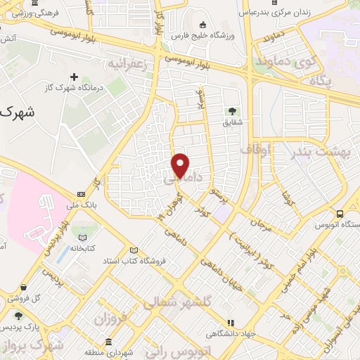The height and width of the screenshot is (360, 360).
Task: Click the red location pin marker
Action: coord(181,165)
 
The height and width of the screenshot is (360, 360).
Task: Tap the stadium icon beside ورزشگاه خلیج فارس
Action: coord(202,23)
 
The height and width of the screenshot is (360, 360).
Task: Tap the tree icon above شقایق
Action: coord(231,110)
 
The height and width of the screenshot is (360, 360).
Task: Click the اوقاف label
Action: coord(255,150)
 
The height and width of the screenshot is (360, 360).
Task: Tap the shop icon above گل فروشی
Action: coord(24,287)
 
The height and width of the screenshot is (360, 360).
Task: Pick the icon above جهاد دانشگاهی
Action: coord(229,323)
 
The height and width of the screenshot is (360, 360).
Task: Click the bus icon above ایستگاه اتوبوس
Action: coord(340,214)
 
